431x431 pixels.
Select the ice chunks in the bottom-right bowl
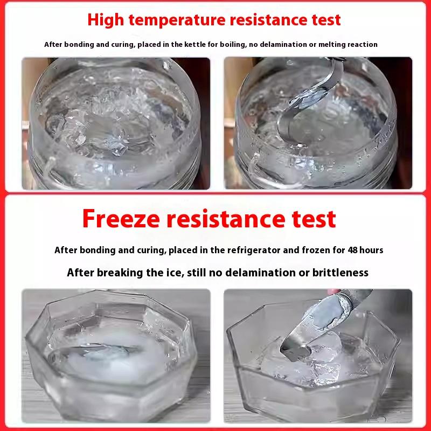click(x=302, y=366)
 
